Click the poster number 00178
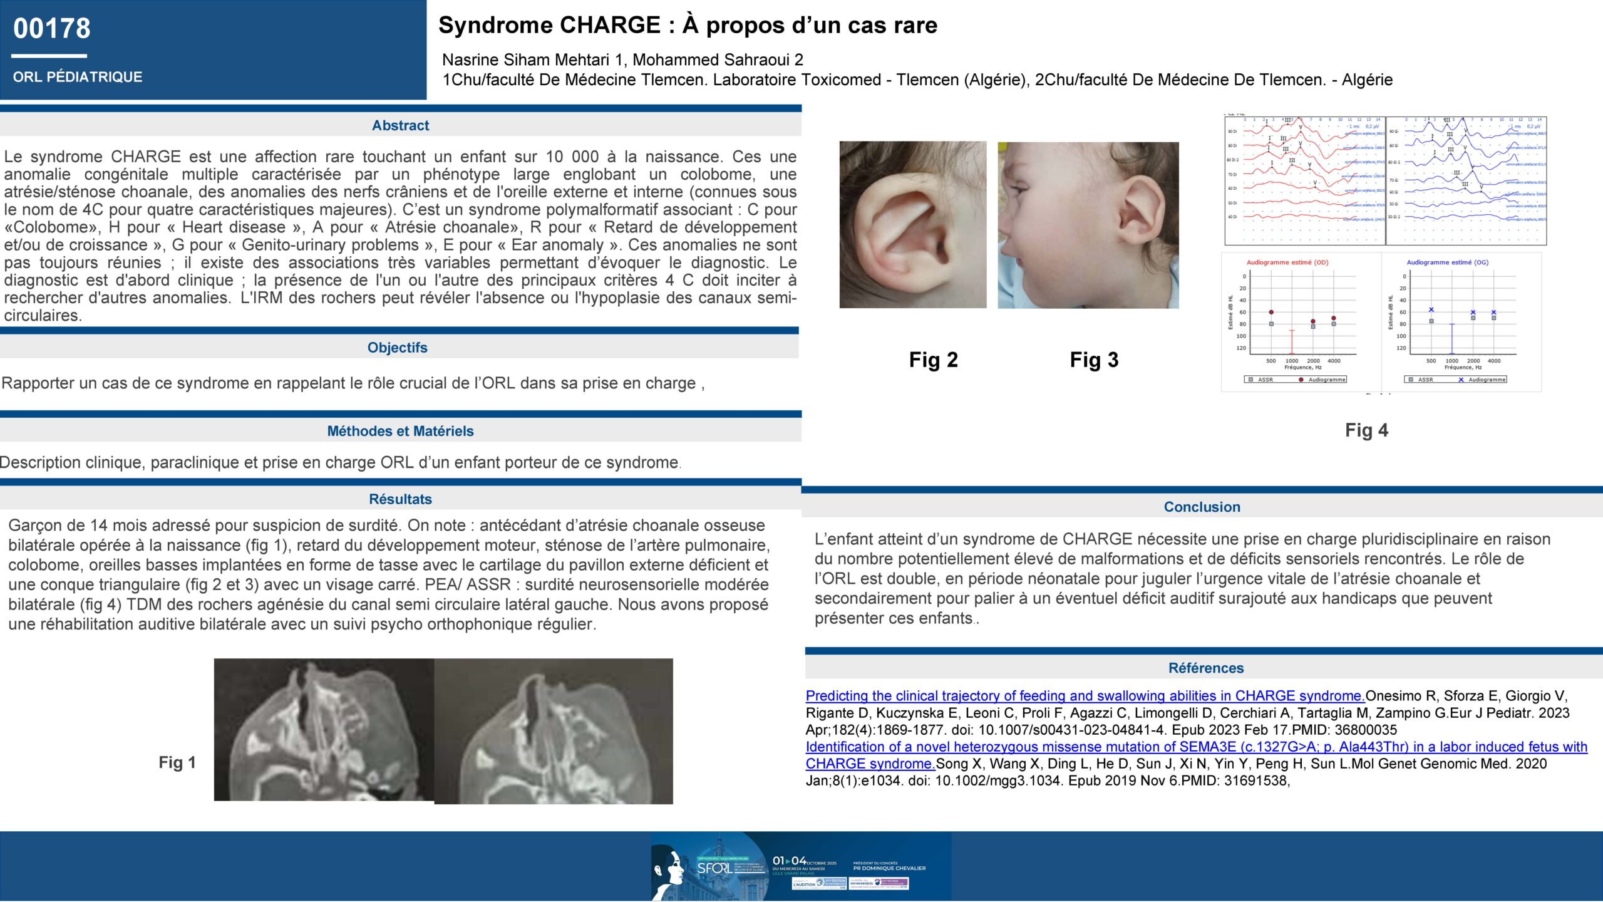pyautogui.click(x=52, y=29)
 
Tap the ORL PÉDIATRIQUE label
pyautogui.click(x=78, y=77)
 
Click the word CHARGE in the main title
pyautogui.click(x=611, y=25)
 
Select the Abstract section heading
pyautogui.click(x=400, y=125)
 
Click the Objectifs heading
pyautogui.click(x=397, y=348)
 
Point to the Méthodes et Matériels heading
pyautogui.click(x=400, y=431)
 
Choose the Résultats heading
pyautogui.click(x=400, y=499)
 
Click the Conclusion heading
pyautogui.click(x=1202, y=507)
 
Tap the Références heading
pyautogui.click(x=1205, y=668)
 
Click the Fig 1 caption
pyautogui.click(x=177, y=762)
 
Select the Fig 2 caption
pyautogui.click(x=933, y=360)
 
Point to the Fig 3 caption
pyautogui.click(x=1094, y=360)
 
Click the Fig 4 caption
pyautogui.click(x=1366, y=430)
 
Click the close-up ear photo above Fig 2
pyautogui.click(x=912, y=224)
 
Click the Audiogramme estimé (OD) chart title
pyautogui.click(x=1287, y=262)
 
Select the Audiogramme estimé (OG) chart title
pyautogui.click(x=1447, y=262)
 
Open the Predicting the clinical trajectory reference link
pyautogui.click(x=1085, y=696)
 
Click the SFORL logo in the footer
pyautogui.click(x=714, y=868)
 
